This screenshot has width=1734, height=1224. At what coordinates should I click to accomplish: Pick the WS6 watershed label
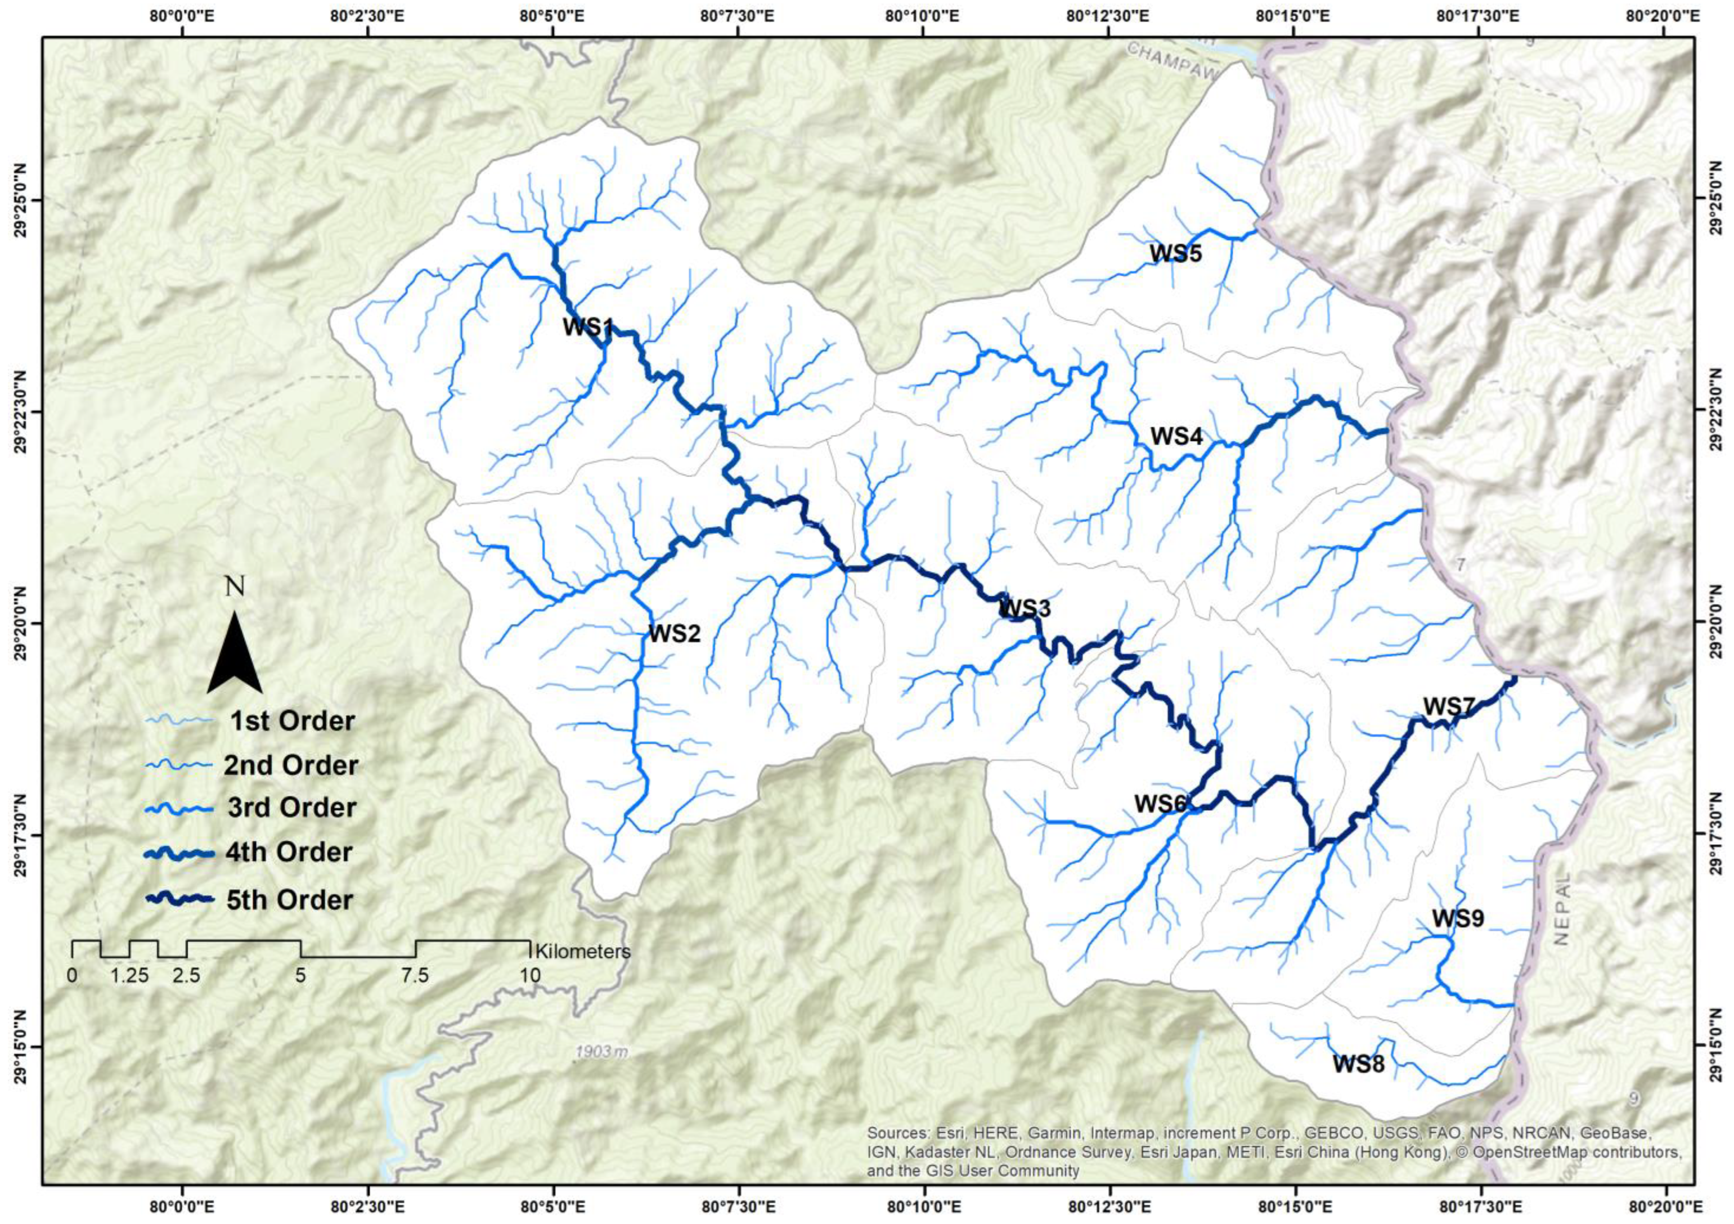pos(1160,804)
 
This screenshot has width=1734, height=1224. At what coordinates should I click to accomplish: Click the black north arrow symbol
pos(235,653)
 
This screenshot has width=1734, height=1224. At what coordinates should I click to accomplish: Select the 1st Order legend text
pos(291,721)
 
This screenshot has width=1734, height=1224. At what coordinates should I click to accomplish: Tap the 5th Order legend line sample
pos(181,899)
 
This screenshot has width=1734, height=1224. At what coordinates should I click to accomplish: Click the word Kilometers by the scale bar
pos(582,951)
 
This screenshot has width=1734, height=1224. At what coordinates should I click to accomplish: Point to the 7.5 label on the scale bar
pos(415,975)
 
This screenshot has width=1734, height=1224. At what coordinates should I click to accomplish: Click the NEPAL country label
pos(1562,919)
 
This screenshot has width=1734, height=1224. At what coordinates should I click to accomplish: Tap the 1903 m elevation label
pos(601,1051)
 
